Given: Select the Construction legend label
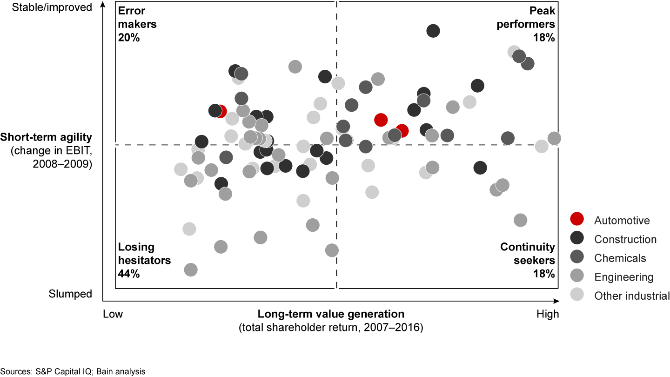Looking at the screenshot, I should click(x=625, y=239).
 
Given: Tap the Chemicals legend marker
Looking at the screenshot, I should click(x=577, y=258).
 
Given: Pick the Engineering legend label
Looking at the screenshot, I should click(x=623, y=277).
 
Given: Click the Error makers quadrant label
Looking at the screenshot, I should click(x=137, y=17).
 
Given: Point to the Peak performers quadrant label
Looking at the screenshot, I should click(x=525, y=17).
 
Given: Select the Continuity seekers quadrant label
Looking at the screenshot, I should click(x=528, y=254).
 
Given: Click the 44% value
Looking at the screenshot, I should click(x=129, y=274).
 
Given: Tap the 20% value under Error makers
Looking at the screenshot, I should click(x=129, y=38).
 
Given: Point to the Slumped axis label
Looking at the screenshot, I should click(x=70, y=294).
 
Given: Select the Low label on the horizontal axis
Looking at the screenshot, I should click(x=113, y=314).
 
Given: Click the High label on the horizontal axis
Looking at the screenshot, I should click(x=548, y=314).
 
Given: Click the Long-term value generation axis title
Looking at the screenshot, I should click(x=331, y=314).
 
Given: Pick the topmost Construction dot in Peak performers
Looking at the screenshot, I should click(x=433, y=31).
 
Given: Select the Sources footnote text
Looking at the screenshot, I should click(x=73, y=371).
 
